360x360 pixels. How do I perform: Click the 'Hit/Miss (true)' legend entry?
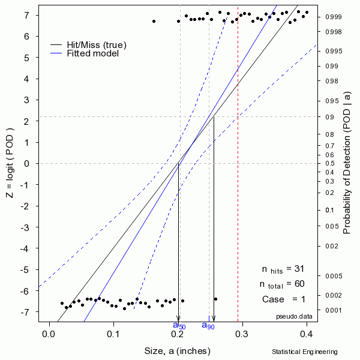[x=97, y=44]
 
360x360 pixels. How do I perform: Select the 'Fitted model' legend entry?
[x=92, y=53]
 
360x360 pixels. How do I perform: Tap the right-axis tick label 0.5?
[x=329, y=163]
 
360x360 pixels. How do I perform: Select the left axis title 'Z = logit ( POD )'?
[x=11, y=163]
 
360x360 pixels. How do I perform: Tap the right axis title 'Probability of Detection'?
[x=347, y=163]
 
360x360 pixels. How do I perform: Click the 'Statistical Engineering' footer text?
[x=304, y=352]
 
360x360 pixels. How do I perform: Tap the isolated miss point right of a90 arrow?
[x=215, y=299]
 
